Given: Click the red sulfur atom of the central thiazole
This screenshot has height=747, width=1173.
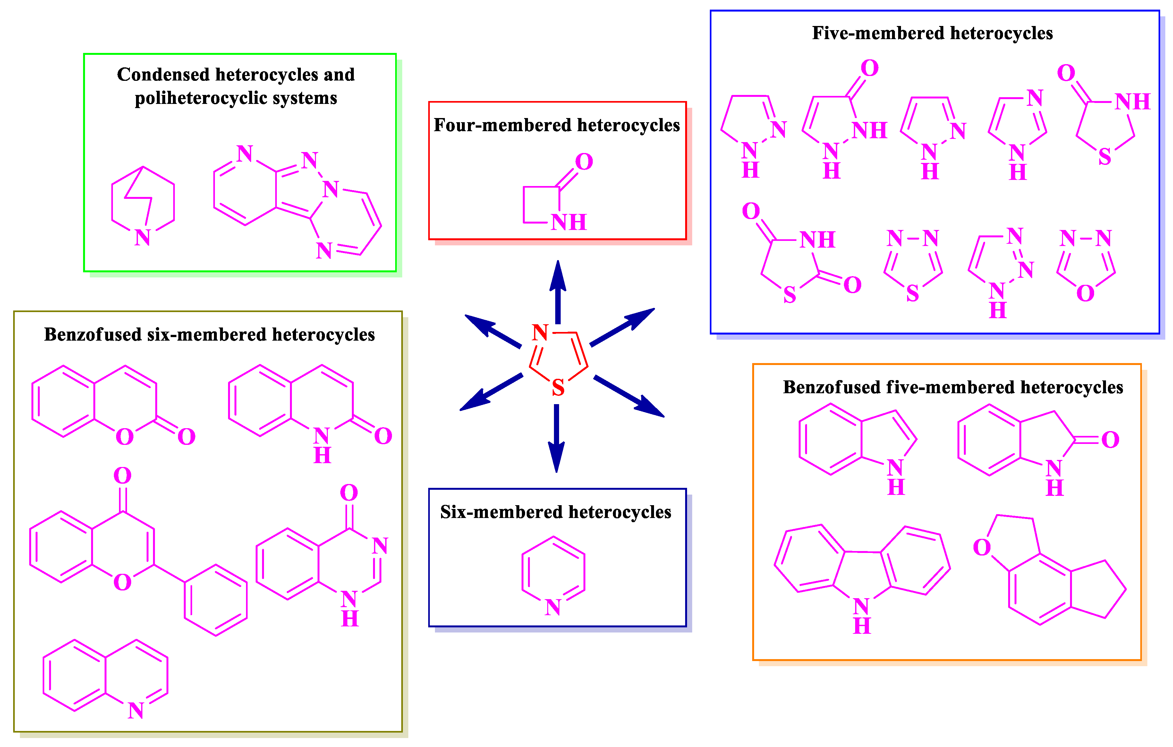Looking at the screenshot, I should (x=558, y=388).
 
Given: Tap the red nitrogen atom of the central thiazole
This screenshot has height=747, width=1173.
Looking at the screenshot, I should (x=540, y=333).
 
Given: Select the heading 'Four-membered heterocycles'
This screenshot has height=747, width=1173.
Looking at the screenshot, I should (x=557, y=125).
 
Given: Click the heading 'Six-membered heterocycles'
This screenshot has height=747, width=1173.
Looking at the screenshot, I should (x=556, y=512).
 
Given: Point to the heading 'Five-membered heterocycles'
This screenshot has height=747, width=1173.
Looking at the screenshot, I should (x=932, y=33).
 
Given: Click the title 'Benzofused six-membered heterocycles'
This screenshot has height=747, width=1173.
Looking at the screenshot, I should (x=209, y=335).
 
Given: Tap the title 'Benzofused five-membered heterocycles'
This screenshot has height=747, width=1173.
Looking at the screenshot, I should (x=953, y=387).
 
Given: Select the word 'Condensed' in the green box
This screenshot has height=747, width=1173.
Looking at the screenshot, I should (x=163, y=74).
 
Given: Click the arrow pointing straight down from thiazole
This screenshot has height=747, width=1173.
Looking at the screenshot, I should (x=556, y=438).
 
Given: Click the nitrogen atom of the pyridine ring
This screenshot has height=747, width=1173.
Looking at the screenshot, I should (x=553, y=607).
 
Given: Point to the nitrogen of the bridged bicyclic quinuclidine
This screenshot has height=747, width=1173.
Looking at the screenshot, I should (x=142, y=238).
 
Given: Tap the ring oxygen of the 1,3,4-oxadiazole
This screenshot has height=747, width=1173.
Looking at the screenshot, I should (x=1085, y=293).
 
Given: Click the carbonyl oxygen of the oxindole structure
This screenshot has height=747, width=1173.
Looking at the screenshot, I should (x=1110, y=440).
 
